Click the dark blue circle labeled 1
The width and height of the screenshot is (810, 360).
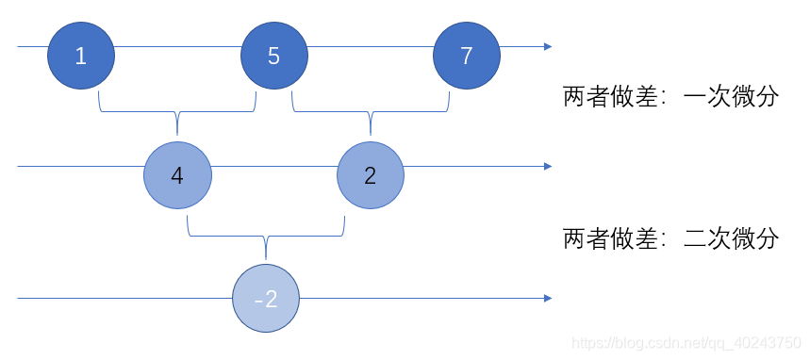coord(81,56)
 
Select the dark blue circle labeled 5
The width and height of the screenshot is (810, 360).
coord(273,56)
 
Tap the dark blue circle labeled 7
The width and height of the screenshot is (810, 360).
coord(466,56)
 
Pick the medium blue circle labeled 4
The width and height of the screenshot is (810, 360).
coord(177,175)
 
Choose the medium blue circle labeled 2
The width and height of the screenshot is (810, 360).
coord(370,175)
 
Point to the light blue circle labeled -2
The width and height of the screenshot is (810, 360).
coord(267,299)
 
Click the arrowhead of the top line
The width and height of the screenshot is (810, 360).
coord(548,45)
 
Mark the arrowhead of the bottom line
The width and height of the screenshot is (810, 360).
coord(548,299)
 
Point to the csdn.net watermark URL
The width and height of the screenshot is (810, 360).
coord(686,343)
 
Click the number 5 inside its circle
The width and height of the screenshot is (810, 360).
coord(273,56)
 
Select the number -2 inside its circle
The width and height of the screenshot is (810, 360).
coord(267,300)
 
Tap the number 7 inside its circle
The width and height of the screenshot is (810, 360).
coord(466,56)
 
